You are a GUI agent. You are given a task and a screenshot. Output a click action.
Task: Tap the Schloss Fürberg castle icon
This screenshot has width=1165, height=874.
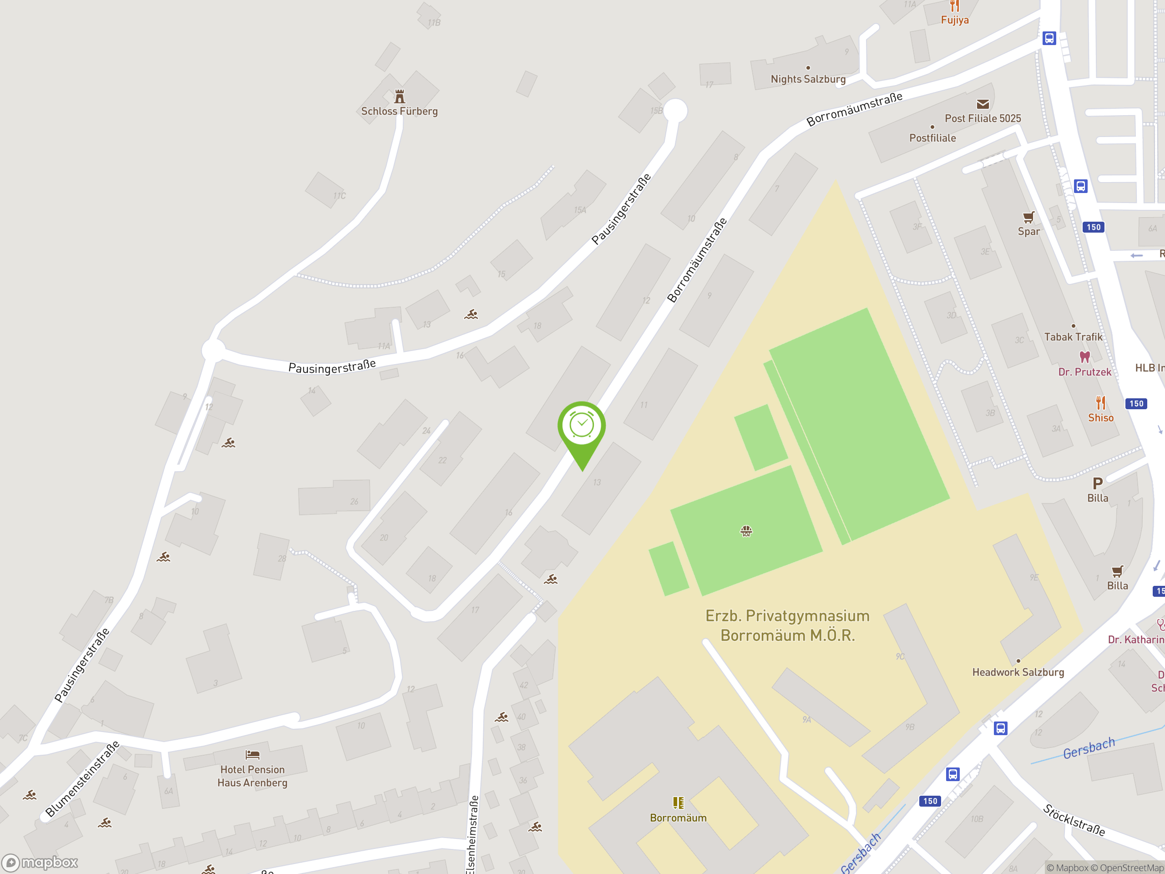(x=400, y=97)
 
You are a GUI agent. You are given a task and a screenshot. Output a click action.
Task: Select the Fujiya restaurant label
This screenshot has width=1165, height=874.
(x=954, y=20)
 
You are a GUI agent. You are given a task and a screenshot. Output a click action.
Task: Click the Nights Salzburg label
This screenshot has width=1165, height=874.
(x=808, y=79)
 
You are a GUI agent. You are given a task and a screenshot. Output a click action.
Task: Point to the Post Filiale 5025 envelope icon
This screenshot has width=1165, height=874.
(x=983, y=104)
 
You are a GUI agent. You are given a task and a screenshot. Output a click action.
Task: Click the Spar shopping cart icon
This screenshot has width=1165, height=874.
(x=1028, y=217)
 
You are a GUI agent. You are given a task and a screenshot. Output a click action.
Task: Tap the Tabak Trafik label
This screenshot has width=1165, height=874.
(x=1073, y=337)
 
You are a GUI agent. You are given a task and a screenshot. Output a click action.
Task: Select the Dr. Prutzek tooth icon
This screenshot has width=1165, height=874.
(x=1084, y=357)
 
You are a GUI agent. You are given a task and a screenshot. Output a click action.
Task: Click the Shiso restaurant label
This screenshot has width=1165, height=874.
(x=1101, y=418)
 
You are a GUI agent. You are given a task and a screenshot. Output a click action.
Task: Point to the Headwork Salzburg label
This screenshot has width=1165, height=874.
(x=1018, y=672)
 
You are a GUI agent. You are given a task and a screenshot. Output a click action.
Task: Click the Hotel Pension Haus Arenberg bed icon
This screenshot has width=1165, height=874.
(x=252, y=755)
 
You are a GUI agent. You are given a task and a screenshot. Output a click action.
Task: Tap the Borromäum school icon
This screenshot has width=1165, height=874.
(x=678, y=803)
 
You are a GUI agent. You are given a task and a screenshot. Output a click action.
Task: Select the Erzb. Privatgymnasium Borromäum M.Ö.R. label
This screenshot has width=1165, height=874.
(x=787, y=626)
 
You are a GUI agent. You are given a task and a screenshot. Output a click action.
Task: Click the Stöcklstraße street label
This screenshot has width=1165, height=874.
(x=1074, y=820)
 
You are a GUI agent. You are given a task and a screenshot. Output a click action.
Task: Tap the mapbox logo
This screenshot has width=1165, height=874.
(x=40, y=863)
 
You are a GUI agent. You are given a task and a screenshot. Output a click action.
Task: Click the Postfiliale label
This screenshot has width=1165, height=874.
(x=932, y=138)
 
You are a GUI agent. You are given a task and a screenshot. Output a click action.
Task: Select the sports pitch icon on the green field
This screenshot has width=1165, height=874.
(x=746, y=531)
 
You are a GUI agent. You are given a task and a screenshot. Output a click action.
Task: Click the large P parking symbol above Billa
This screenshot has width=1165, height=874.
(x=1098, y=483)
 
